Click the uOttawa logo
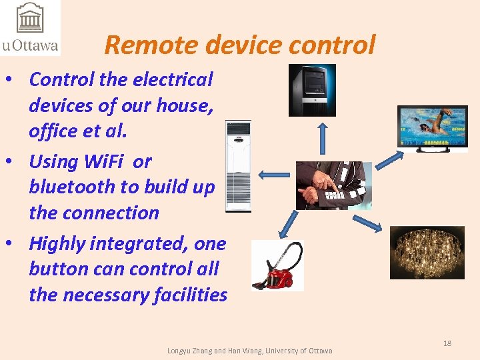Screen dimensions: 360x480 click(x=30, y=27)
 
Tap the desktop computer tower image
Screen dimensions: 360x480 click(x=311, y=90)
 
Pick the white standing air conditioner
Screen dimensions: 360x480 click(x=238, y=166)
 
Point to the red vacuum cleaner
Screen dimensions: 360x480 click(x=277, y=265)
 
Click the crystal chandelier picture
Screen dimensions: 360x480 click(x=427, y=252)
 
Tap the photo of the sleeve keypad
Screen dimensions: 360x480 click(x=333, y=185)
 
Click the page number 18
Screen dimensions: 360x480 click(x=447, y=343)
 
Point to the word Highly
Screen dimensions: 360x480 click(x=57, y=243)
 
